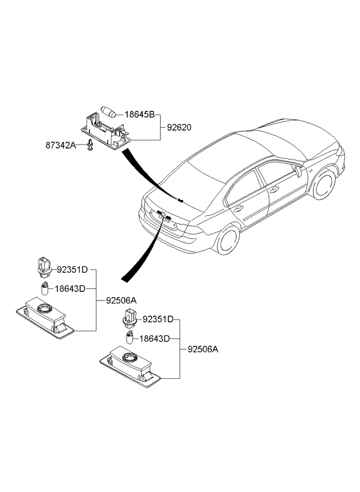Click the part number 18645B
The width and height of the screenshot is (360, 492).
click(x=140, y=115)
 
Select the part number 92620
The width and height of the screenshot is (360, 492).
click(x=179, y=128)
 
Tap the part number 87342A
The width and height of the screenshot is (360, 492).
click(x=61, y=145)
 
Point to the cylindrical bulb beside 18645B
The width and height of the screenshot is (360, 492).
click(x=109, y=112)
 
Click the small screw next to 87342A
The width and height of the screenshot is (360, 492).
click(x=90, y=144)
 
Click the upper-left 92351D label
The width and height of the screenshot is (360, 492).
click(x=72, y=270)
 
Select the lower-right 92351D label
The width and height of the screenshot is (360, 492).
click(x=158, y=320)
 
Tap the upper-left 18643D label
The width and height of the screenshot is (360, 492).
click(x=70, y=289)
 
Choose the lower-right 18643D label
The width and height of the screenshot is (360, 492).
click(x=154, y=339)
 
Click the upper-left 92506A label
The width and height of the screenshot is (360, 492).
click(x=121, y=301)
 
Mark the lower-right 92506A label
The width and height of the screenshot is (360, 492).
click(x=203, y=349)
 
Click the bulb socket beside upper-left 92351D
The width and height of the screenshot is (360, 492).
click(x=44, y=267)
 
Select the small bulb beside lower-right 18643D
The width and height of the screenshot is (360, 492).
click(x=129, y=338)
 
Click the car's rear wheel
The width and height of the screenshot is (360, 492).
click(x=228, y=239)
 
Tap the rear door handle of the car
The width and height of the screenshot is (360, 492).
click(x=238, y=208)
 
